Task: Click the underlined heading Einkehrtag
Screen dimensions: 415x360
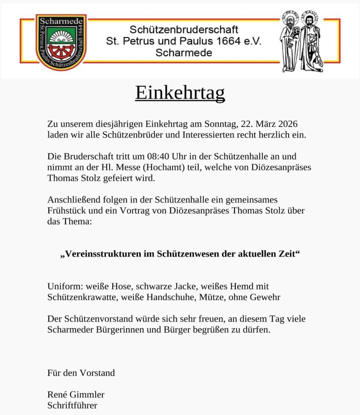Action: [180, 93]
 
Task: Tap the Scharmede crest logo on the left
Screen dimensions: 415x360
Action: [61, 42]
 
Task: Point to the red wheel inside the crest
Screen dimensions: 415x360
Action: [61, 51]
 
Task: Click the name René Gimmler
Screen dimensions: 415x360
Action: [76, 394]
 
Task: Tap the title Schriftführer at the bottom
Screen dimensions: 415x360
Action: [72, 405]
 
